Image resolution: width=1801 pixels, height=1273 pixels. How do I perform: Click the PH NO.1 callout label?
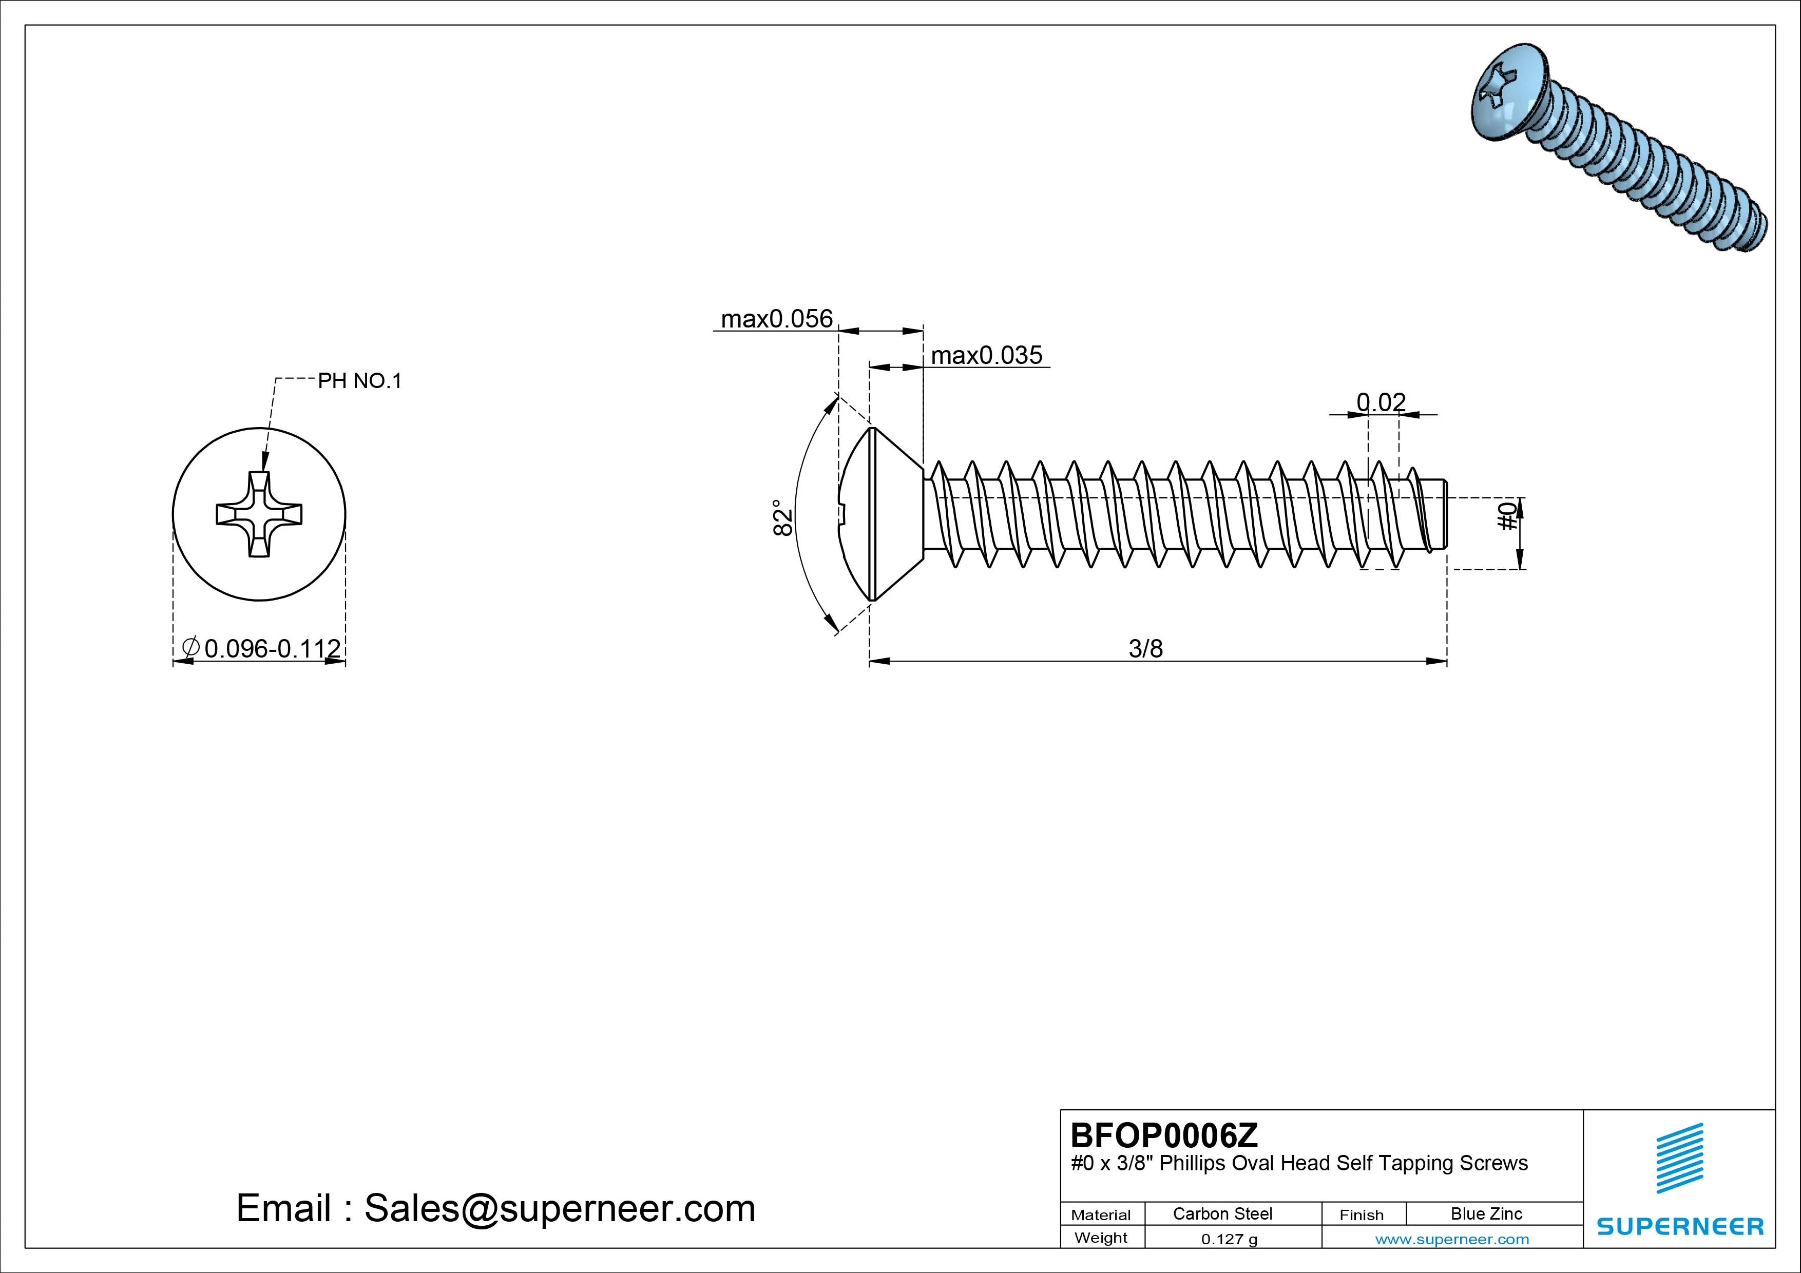(x=359, y=381)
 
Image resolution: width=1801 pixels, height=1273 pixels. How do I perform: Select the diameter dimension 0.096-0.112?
(x=272, y=649)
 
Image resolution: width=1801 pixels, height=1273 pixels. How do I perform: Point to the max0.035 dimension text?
(x=986, y=355)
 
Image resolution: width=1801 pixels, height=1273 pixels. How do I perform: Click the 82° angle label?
(x=782, y=518)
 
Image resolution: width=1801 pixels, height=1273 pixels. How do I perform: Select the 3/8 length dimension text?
(x=1145, y=649)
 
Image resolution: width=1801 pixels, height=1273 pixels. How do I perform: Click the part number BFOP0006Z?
(x=1164, y=1135)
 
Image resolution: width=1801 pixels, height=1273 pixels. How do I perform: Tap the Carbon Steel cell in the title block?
(x=1222, y=1213)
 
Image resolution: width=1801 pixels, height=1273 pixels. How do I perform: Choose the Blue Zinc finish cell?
(x=1486, y=1213)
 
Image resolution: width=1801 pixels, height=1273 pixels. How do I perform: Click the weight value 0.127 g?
(x=1229, y=1239)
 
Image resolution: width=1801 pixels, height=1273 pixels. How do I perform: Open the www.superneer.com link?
(x=1452, y=1239)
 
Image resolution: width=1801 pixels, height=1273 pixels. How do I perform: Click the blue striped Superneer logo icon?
(x=1679, y=1158)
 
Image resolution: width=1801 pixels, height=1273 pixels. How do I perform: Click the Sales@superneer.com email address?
(x=559, y=1209)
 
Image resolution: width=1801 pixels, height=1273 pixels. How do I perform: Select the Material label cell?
(x=1101, y=1215)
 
